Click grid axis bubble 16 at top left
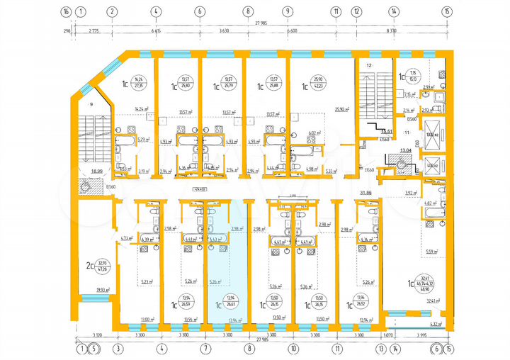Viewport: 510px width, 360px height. pos(66,11)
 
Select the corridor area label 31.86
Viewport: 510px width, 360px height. pos(366,193)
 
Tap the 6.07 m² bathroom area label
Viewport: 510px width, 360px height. pos(314,133)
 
